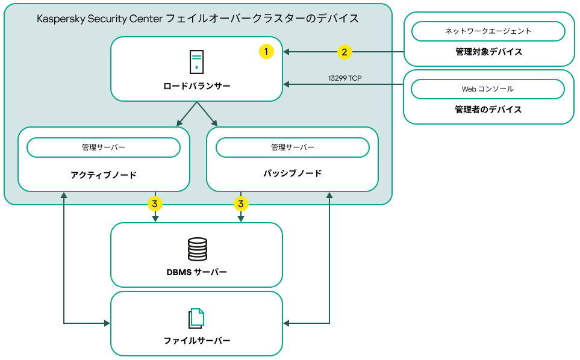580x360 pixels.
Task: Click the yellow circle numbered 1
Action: (266, 52)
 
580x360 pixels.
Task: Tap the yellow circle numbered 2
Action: (344, 52)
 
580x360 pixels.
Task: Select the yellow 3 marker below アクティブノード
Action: (155, 204)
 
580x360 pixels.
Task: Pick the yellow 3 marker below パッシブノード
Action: (241, 204)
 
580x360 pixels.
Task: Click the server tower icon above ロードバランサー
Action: (196, 61)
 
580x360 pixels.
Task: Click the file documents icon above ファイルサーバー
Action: (197, 318)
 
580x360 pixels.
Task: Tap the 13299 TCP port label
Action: (345, 78)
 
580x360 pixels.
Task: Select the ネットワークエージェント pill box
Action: (488, 31)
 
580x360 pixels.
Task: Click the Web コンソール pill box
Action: (488, 88)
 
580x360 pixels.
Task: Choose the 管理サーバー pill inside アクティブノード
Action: (104, 147)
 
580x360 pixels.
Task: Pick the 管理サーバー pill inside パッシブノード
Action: (293, 147)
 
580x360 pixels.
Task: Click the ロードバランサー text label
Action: (197, 86)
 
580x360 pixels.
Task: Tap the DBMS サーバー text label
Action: (197, 272)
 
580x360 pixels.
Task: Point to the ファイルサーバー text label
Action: (197, 341)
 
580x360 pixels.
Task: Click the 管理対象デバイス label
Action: (488, 52)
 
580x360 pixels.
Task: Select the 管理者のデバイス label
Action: (488, 110)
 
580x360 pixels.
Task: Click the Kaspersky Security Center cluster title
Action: (198, 19)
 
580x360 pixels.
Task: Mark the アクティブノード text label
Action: (104, 175)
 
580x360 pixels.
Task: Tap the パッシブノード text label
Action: (293, 173)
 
